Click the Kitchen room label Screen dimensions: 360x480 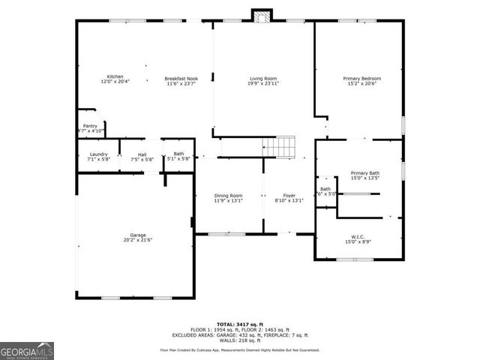pyautogui.click(x=115, y=76)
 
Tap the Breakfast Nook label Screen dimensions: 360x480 pyautogui.click(x=181, y=79)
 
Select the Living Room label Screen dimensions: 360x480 pyautogui.click(x=264, y=79)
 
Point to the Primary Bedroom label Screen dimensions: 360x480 pyautogui.click(x=362, y=79)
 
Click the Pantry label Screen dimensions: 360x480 pyautogui.click(x=90, y=126)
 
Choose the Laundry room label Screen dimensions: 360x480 pyautogui.click(x=99, y=154)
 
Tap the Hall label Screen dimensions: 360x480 pyautogui.click(x=142, y=154)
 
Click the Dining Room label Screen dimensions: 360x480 pyautogui.click(x=228, y=195)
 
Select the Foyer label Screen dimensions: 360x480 pyautogui.click(x=289, y=195)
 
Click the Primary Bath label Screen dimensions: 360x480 pyautogui.click(x=365, y=173)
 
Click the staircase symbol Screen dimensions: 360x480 pyautogui.click(x=280, y=148)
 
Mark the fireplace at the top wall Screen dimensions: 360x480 pyautogui.click(x=262, y=16)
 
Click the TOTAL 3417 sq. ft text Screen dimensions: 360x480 pyautogui.click(x=238, y=324)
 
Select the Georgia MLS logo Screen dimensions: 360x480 pyautogui.click(x=27, y=349)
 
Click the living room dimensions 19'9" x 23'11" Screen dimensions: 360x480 pyautogui.click(x=264, y=84)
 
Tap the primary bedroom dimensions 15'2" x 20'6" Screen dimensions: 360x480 pyautogui.click(x=362, y=84)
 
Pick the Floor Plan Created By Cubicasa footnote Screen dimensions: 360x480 pyautogui.click(x=239, y=350)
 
